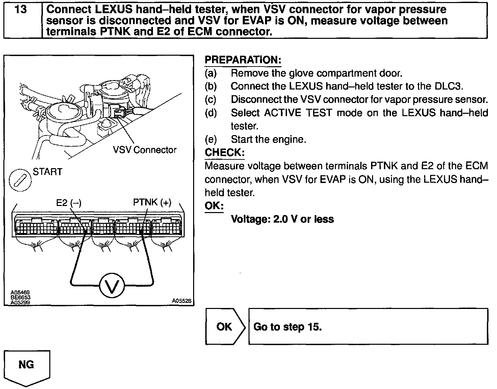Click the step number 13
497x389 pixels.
coord(21,9)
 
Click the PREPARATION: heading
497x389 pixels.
coord(243,60)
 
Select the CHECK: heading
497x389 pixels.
coord(225,153)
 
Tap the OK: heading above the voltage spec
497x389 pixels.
coord(214,206)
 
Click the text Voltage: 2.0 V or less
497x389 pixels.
coord(282,219)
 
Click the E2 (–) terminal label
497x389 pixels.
coord(69,203)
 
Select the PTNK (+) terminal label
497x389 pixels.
coord(152,202)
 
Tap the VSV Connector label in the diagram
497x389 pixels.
coord(145,150)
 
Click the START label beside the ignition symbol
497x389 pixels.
coord(48,172)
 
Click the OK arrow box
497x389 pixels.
coord(225,327)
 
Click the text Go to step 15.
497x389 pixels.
coord(287,327)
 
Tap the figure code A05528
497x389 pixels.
coord(182,301)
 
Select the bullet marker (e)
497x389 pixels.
coord(211,139)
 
